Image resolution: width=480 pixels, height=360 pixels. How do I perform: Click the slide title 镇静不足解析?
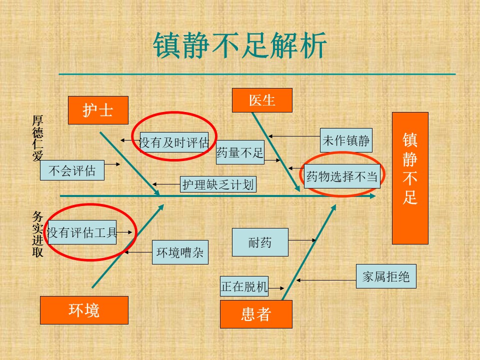click(x=240, y=45)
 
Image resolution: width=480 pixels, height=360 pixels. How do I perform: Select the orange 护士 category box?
click(x=98, y=110)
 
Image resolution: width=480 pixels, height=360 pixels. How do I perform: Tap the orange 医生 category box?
click(x=262, y=100)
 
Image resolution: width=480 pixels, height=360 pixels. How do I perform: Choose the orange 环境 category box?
click(x=84, y=310)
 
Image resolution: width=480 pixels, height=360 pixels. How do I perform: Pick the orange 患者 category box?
click(x=256, y=314)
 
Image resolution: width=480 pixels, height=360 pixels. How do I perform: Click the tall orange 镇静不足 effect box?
click(x=410, y=178)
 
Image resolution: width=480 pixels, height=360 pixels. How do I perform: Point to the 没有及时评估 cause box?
click(x=174, y=142)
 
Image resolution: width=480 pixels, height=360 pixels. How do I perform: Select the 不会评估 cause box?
click(x=72, y=170)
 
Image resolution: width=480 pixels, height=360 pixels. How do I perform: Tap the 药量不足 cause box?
click(x=240, y=152)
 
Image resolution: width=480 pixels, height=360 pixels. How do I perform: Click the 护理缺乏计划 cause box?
click(x=218, y=184)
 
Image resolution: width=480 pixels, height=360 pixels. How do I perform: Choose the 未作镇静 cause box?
click(x=346, y=140)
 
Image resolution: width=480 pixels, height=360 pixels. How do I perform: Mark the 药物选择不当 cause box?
click(x=342, y=176)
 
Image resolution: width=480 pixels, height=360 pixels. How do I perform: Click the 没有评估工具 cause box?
click(x=82, y=232)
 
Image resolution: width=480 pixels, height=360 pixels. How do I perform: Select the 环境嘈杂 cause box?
click(x=180, y=252)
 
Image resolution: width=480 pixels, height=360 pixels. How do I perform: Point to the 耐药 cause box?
click(x=260, y=242)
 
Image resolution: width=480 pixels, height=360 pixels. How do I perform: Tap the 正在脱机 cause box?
click(x=244, y=286)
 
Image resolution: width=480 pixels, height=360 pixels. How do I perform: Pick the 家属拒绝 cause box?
click(x=386, y=276)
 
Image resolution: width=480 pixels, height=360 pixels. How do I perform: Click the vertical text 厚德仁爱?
click(x=37, y=138)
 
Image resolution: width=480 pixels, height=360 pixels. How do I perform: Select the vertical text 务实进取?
click(x=37, y=234)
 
